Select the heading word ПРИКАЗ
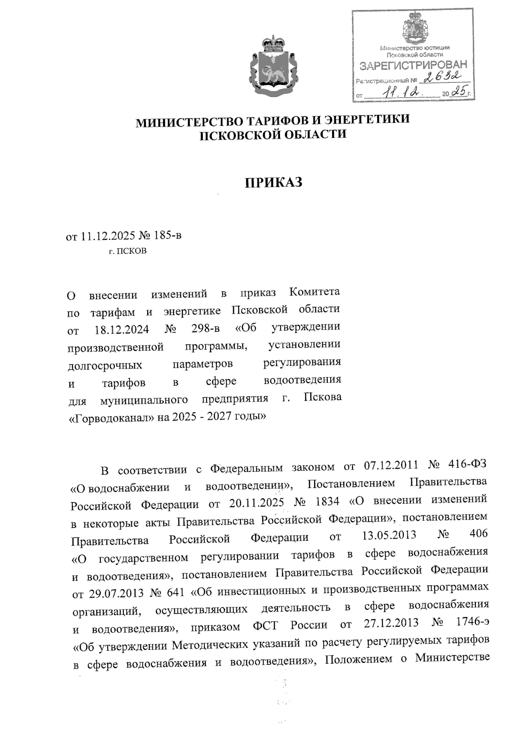(273, 183)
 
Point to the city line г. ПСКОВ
(127, 251)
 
